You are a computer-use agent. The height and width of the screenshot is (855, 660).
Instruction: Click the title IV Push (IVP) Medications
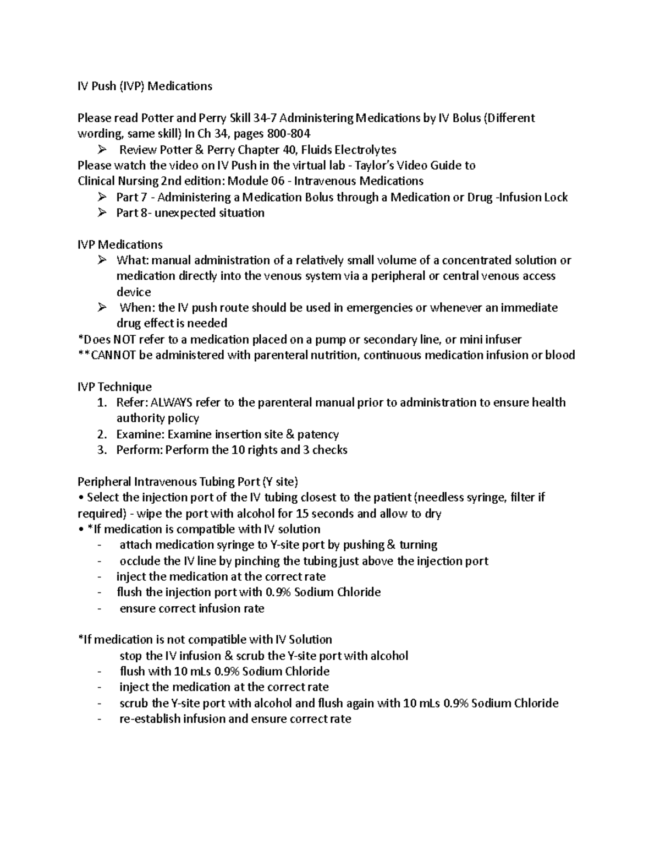[145, 86]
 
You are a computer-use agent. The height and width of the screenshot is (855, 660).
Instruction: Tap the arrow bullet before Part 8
[102, 213]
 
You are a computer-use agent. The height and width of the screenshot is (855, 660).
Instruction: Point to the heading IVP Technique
[114, 386]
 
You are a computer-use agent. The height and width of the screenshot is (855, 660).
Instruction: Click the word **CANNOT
[107, 355]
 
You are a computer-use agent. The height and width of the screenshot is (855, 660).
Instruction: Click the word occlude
[141, 561]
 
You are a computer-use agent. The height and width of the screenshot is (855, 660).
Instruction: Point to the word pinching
[257, 561]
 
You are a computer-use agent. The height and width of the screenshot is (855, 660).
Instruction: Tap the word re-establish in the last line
[150, 719]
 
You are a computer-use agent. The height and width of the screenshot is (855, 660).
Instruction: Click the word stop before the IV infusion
[130, 656]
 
